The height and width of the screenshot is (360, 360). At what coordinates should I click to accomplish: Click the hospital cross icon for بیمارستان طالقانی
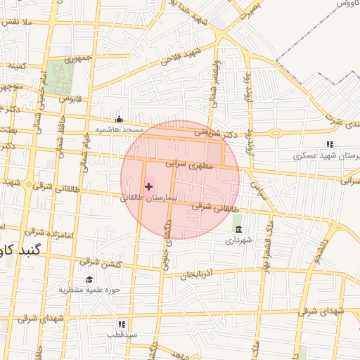148,186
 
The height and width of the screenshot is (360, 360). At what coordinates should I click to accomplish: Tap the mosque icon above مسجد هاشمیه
119,119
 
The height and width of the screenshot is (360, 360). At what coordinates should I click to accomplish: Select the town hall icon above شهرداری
238,230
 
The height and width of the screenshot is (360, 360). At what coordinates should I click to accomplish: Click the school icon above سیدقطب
121,324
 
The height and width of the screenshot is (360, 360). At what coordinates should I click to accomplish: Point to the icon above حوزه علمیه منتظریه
89,279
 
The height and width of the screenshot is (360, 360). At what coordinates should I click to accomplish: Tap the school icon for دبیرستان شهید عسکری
330,144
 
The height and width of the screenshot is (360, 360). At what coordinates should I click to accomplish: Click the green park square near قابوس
60,79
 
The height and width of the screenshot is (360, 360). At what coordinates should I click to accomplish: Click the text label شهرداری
238,240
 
